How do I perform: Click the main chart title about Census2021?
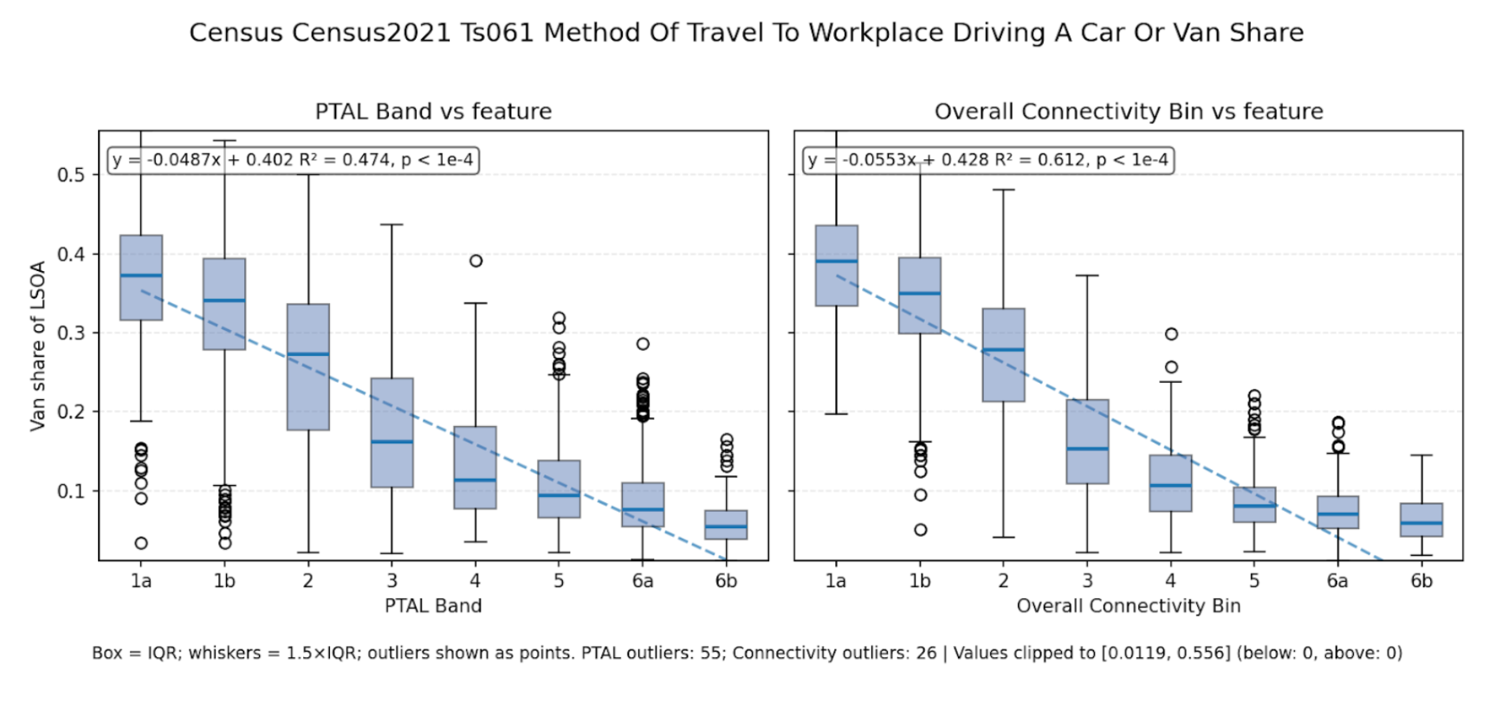[746, 33]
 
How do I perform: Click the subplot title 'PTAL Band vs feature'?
[433, 112]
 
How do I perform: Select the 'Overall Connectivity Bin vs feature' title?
[1128, 112]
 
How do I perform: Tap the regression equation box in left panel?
[293, 160]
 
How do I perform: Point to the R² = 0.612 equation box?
[987, 160]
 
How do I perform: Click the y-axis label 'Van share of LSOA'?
[37, 346]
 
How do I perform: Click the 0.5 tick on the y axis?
[71, 175]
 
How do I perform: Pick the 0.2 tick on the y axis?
[71, 412]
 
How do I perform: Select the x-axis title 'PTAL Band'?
[433, 606]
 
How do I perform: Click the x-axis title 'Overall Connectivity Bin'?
[1128, 606]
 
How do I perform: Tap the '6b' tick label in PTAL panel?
[726, 581]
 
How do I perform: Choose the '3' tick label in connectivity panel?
[1087, 581]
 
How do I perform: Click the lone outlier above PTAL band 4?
[476, 261]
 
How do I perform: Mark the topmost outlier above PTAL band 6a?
[643, 344]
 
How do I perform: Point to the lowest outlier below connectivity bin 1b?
[920, 530]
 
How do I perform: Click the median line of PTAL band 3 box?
[392, 442]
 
